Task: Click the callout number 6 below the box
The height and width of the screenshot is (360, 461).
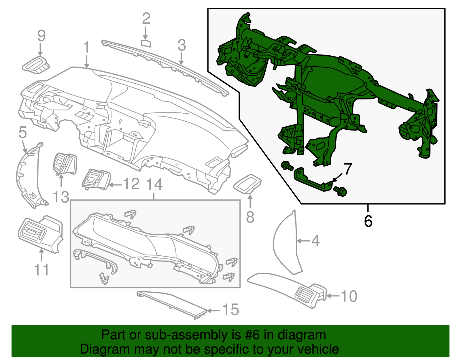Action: click(368, 221)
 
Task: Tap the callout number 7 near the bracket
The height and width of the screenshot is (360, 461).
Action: click(348, 169)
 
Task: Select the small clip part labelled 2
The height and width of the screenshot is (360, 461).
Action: click(146, 43)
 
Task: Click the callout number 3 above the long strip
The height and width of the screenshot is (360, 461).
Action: click(182, 45)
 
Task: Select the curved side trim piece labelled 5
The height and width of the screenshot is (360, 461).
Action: click(27, 176)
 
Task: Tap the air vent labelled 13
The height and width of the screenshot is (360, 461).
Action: click(65, 164)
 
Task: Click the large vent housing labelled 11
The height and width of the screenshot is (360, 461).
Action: click(40, 233)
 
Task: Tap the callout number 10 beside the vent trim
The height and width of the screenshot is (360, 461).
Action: click(349, 296)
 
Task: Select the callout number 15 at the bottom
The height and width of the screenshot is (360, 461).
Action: click(231, 310)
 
